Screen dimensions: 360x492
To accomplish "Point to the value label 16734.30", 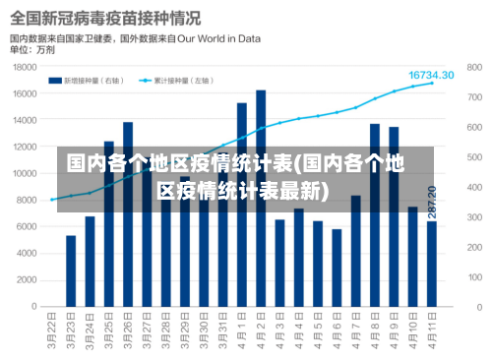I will coord(431,75).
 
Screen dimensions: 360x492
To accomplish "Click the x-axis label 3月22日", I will coord(52,331).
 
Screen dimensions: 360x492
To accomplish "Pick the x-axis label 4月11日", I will coord(432,331).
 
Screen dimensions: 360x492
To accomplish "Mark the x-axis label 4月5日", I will coord(318,331).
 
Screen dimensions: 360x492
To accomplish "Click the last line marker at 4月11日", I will coord(431,84).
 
